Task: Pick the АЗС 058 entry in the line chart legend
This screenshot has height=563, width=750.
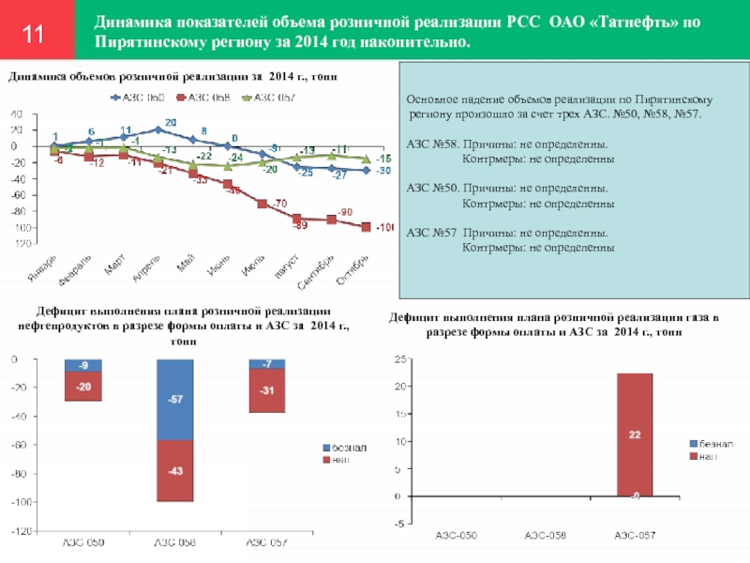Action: click(x=202, y=97)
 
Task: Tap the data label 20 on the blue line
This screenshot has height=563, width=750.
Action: click(x=170, y=123)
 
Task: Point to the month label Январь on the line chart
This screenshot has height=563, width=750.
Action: click(x=48, y=265)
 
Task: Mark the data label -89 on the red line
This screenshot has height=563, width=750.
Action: click(x=300, y=226)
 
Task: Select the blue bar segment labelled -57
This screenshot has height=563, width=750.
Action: click(x=174, y=400)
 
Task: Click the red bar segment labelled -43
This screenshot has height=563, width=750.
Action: click(x=174, y=471)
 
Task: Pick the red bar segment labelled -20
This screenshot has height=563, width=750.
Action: click(x=83, y=387)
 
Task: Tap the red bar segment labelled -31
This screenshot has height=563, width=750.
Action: click(x=266, y=390)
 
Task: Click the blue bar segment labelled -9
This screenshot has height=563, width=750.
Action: click(x=83, y=365)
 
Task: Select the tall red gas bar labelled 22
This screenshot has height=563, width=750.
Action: click(x=634, y=434)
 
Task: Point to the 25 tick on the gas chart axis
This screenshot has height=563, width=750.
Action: click(x=399, y=359)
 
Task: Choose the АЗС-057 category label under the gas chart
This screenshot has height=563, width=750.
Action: click(x=635, y=535)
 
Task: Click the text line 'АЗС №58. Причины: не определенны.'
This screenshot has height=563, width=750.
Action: click(x=506, y=145)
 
